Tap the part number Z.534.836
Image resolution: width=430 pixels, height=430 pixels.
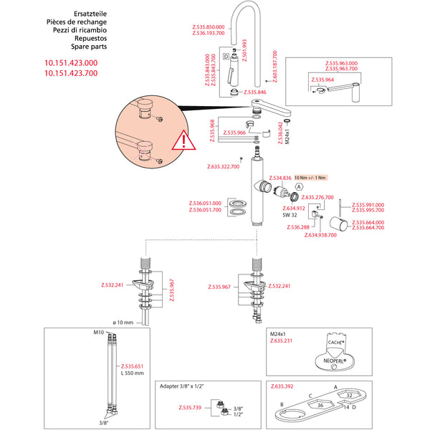click(x=279, y=178)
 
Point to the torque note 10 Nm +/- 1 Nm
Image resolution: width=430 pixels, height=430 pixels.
click(x=310, y=177)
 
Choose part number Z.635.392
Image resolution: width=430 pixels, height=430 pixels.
click(x=281, y=386)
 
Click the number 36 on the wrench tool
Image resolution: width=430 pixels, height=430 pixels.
click(x=320, y=404)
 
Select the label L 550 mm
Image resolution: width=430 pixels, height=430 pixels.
click(x=133, y=373)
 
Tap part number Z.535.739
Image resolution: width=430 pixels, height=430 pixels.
click(x=186, y=407)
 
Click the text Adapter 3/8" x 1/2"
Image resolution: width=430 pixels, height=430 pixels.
click(x=181, y=386)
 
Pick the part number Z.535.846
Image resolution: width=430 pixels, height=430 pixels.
click(x=255, y=92)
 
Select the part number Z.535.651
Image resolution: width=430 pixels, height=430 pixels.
click(x=133, y=365)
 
